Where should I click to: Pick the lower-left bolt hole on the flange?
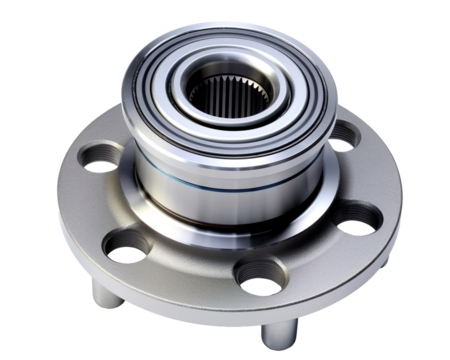click(x=128, y=242)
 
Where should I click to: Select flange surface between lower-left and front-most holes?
click(x=190, y=265)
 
